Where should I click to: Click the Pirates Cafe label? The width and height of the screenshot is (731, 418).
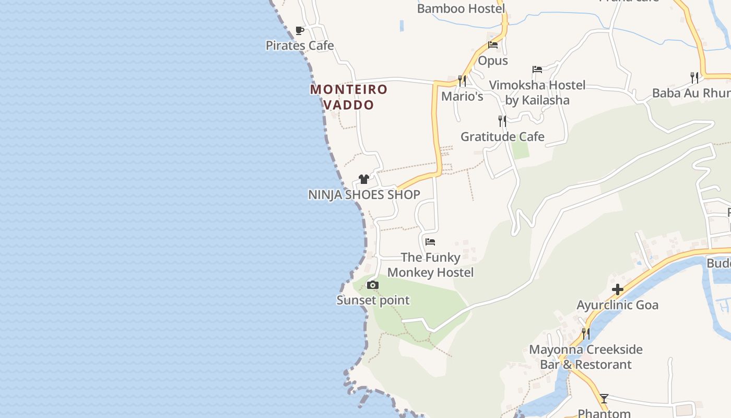[x=300, y=45]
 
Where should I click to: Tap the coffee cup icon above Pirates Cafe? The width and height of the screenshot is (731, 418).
[x=299, y=31]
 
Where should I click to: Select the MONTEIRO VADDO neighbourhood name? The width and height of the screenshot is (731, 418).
[x=349, y=97]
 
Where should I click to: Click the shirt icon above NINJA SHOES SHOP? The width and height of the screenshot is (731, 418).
[x=364, y=179]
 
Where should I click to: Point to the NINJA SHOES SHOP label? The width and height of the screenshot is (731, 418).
[x=364, y=195]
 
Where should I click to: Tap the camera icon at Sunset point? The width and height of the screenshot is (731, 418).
[x=373, y=285]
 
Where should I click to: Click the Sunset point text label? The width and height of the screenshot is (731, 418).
[x=373, y=300]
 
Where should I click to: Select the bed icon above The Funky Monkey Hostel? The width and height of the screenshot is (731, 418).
[x=430, y=242]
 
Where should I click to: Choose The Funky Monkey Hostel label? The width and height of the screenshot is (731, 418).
[x=430, y=265]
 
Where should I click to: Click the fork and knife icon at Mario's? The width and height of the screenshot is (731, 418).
[x=462, y=81]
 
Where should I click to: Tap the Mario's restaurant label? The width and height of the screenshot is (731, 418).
[x=462, y=97]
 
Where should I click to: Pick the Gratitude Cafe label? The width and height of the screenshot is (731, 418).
[x=502, y=137]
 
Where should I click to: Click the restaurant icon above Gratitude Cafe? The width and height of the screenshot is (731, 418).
[x=502, y=121]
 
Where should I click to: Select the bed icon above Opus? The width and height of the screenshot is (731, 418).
[x=493, y=45]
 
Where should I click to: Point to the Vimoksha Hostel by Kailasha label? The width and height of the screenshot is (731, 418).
[x=537, y=92]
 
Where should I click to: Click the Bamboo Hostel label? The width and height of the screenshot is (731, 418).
[x=461, y=9]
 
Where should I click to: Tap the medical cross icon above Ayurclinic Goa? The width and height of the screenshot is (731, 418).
[x=618, y=289]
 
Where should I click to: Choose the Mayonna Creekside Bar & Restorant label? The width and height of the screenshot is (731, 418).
[x=586, y=357]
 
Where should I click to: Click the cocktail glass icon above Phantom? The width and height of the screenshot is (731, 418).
[x=604, y=399]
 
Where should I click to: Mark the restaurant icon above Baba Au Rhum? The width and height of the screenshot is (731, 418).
[x=694, y=78]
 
